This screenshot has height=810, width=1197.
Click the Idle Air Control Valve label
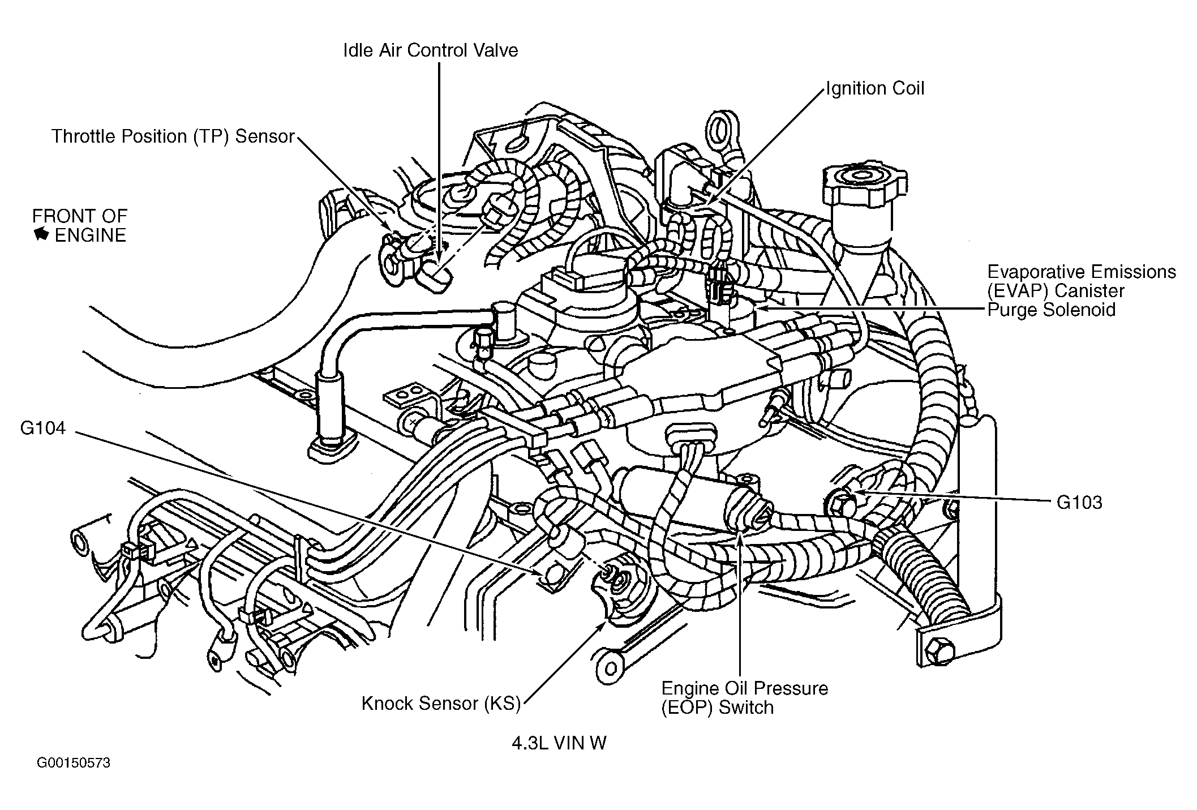point(430,50)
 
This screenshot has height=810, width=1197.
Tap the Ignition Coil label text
point(874,88)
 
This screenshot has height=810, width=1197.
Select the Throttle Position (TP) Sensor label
point(173,136)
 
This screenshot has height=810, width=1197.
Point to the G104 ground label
point(43,428)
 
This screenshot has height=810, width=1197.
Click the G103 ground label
point(1079,503)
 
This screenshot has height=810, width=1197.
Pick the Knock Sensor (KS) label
point(441,703)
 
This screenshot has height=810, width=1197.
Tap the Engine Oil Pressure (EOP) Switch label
point(744,697)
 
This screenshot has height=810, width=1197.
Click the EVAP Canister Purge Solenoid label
point(1082,290)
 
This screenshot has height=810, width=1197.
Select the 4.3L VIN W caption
point(559,743)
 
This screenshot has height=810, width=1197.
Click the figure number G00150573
point(74,763)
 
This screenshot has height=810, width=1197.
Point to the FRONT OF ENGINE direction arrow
point(41,234)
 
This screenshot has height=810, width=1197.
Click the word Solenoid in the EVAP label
point(1079,310)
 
